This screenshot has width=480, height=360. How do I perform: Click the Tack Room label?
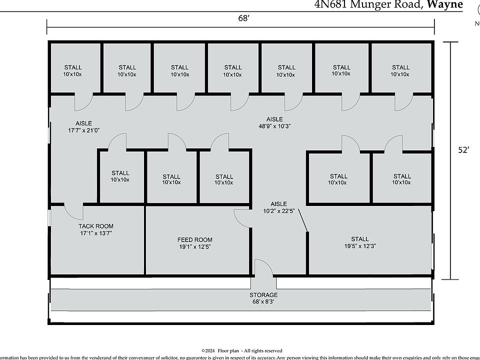(x=95, y=226)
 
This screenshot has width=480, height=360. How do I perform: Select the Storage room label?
(x=263, y=295)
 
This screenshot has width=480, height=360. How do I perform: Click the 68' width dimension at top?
(x=243, y=18)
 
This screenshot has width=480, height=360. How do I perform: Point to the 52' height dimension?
(x=464, y=150)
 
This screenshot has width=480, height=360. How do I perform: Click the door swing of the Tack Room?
(x=72, y=212)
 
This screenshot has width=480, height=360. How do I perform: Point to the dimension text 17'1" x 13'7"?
(x=95, y=233)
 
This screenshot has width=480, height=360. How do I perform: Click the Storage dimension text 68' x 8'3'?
(x=263, y=301)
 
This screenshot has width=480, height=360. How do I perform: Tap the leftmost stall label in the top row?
(x=73, y=70)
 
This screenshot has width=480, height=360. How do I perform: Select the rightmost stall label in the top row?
(x=400, y=70)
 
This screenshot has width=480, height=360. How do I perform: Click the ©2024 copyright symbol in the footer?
(x=203, y=351)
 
